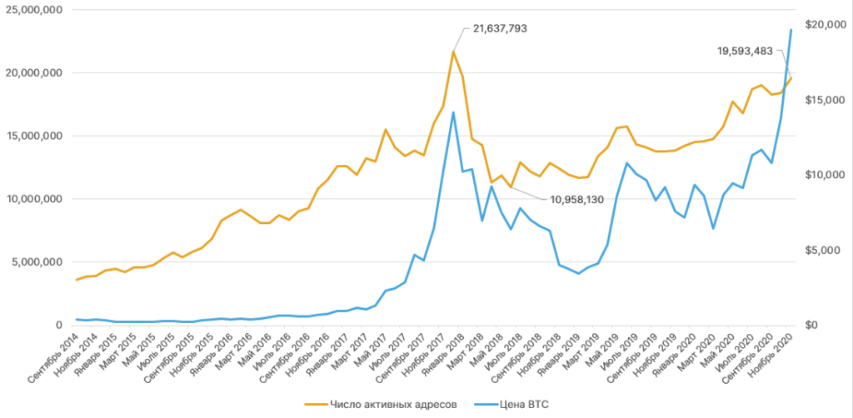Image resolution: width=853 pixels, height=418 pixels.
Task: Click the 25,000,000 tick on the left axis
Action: pos(34,10)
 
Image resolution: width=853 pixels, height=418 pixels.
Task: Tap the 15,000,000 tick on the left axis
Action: pos(34,136)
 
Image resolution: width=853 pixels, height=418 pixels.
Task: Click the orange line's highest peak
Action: pos(453,52)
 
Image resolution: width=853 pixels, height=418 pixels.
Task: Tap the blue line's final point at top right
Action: pos(791,30)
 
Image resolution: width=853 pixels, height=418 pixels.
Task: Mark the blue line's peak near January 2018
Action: pos(453,112)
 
